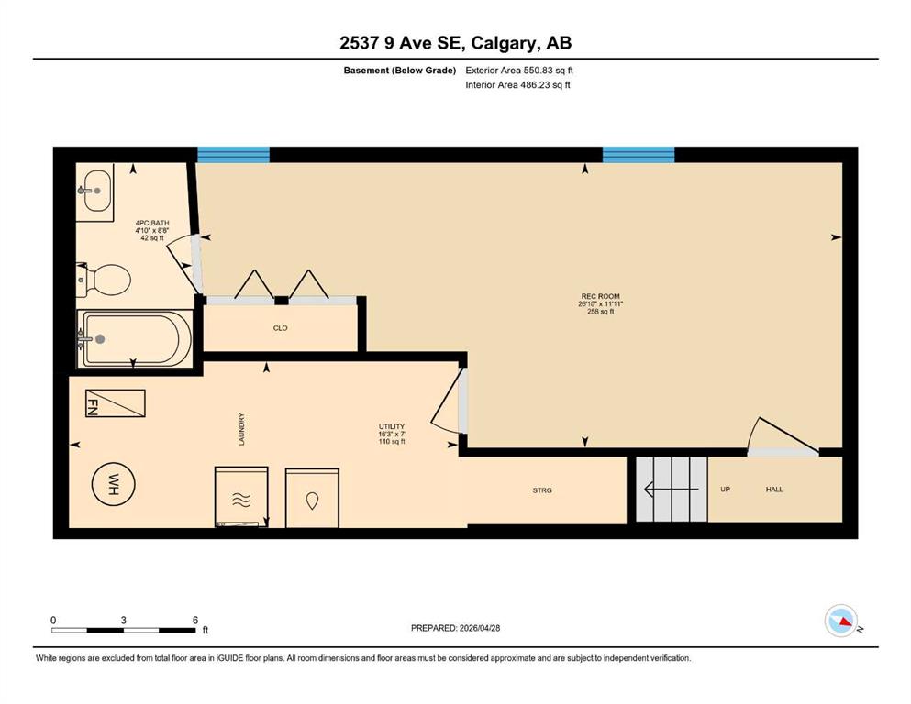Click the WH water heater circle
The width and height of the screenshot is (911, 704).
113,484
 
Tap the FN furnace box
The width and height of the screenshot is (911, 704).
115,403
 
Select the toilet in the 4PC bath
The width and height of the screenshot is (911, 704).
104,280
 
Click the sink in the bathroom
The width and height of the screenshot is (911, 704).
95,192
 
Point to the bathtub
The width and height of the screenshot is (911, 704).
135,339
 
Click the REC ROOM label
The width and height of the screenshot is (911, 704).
600,296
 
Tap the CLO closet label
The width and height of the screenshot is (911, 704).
280,328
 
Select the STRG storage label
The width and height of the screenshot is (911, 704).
542,490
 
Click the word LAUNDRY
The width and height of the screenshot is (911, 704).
241,429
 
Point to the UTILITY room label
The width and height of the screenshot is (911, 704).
392,426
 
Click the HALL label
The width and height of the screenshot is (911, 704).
774,489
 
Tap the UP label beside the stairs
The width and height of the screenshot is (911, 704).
725,489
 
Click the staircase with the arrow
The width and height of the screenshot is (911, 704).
672,489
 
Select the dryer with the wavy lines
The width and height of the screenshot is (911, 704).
241,497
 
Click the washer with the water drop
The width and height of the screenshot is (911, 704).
312,498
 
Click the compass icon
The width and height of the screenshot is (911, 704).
841,621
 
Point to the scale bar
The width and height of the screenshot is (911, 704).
123,630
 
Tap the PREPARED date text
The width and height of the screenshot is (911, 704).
455,628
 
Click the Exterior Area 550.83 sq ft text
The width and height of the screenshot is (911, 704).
519,71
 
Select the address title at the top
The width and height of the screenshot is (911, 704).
455,42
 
